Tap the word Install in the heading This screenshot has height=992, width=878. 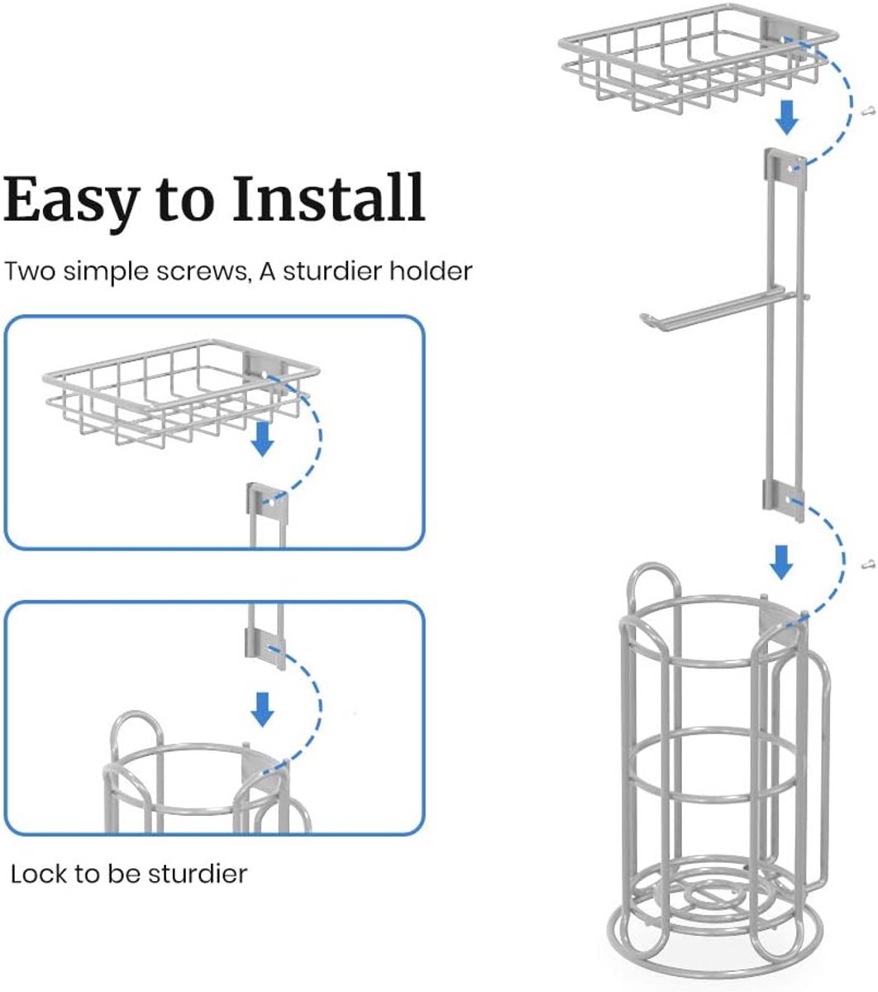pos(328,198)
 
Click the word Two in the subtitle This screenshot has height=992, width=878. pos(31,272)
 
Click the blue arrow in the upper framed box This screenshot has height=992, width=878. pos(263,440)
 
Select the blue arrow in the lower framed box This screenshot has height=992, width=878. pos(262,709)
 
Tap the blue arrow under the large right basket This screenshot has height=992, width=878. pos(787,117)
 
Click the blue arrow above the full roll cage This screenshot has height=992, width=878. pos(781,563)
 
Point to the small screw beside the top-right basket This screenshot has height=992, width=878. pos(867,112)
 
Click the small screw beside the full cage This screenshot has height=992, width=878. pos(867,564)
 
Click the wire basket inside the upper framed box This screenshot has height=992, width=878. pos(182,392)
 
